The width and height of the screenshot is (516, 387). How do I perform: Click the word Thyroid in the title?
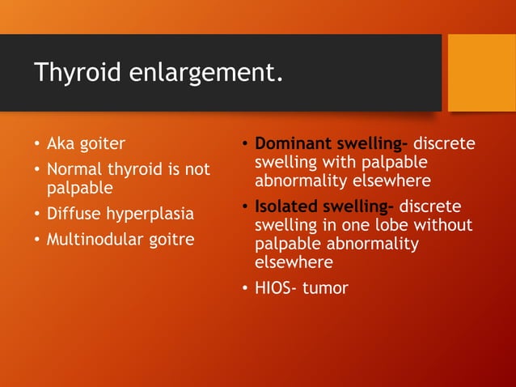coord(74,73)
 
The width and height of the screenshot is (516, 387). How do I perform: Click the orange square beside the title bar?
coord(481,72)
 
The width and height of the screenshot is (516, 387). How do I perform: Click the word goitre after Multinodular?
coord(168,240)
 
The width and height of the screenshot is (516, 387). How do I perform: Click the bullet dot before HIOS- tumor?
coord(244,288)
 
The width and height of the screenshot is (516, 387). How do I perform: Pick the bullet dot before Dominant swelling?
coord(244,146)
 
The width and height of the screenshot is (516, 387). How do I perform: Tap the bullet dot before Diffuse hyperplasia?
coord(36,215)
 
